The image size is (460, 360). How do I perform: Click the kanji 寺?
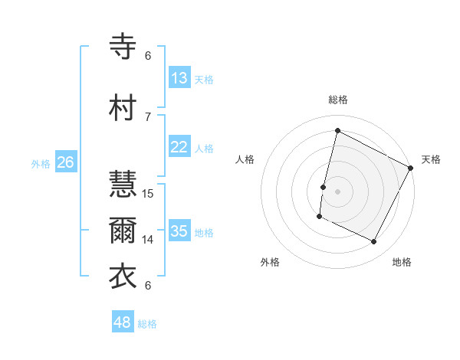click(123, 47)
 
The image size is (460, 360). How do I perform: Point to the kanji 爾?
click(123, 231)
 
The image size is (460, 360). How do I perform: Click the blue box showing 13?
click(179, 78)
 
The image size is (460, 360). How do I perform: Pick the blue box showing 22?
click(179, 147)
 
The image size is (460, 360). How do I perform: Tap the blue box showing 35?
click(179, 231)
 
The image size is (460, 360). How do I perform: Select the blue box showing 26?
click(66, 162)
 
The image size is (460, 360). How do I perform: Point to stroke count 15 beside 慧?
click(149, 194)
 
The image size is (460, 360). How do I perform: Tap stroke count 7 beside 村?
click(149, 116)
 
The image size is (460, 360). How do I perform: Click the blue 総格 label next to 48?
click(148, 324)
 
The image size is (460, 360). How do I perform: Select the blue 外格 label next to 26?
click(41, 163)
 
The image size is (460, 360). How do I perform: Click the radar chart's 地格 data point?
click(374, 242)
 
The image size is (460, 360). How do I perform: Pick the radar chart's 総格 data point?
click(337, 130)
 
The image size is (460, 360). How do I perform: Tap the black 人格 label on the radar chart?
click(245, 159)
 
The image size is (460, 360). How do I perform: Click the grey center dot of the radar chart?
click(337, 191)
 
